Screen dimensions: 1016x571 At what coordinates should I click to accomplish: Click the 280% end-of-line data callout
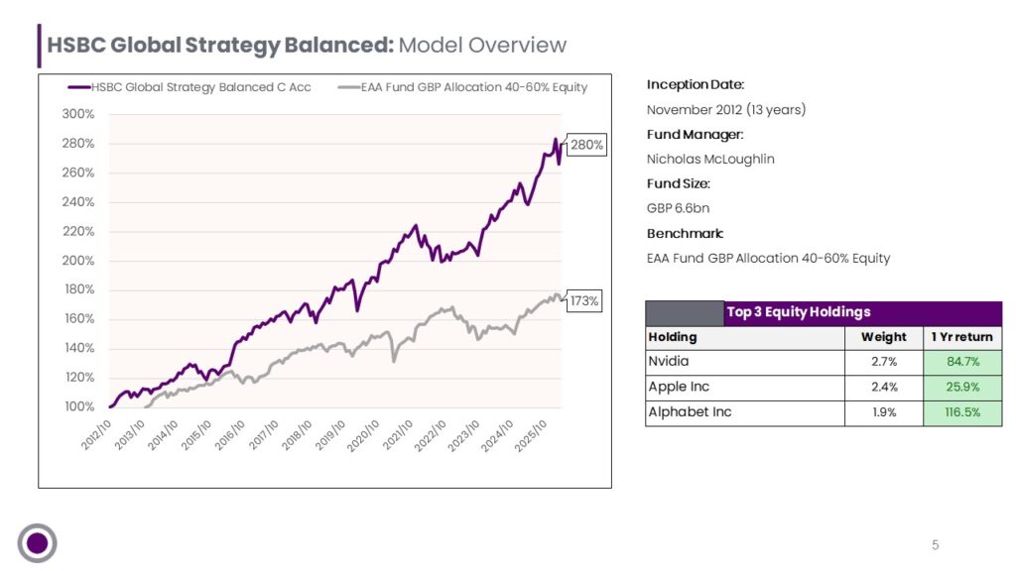tap(587, 145)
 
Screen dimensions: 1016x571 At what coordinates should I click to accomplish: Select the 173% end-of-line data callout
tap(584, 301)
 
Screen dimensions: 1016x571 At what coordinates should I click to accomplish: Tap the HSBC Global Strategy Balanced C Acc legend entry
tap(190, 87)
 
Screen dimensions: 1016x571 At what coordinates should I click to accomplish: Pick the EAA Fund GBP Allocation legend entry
tap(462, 87)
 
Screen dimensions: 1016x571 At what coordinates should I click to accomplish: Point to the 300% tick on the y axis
tap(78, 114)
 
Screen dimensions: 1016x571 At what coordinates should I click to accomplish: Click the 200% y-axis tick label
tap(78, 261)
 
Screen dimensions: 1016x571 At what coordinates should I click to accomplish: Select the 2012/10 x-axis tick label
tap(96, 435)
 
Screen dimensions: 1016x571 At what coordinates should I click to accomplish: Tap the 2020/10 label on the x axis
tap(362, 435)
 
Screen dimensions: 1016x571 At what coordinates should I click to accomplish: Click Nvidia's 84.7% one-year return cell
tap(962, 362)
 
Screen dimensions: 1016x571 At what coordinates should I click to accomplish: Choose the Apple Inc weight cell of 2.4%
tap(884, 388)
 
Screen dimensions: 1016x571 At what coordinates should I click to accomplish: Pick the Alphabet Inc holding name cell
tap(745, 412)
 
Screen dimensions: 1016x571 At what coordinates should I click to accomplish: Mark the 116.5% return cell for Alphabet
tap(962, 412)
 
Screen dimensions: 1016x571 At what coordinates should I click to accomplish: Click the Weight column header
tap(884, 337)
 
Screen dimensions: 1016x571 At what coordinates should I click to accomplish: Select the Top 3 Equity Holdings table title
tap(799, 312)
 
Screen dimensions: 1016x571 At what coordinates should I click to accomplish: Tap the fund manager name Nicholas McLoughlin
tap(710, 160)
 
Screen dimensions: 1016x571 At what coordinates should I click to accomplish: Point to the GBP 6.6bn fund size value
tap(678, 208)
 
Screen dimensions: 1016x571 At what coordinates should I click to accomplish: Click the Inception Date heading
tap(696, 85)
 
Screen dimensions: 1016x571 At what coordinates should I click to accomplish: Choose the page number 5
tap(935, 545)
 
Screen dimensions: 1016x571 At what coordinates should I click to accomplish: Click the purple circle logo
tap(37, 543)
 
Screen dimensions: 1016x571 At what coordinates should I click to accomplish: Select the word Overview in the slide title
tap(517, 46)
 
